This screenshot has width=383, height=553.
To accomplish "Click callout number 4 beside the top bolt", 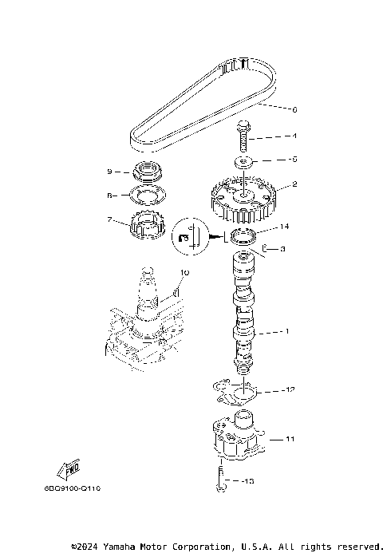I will (x=272, y=136).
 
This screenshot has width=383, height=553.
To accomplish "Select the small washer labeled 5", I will (x=245, y=162).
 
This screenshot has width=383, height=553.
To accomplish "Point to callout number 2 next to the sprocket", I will (x=272, y=184).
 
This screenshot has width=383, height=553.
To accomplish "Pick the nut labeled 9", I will (x=147, y=171).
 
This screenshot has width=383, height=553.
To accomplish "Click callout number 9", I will (x=110, y=172).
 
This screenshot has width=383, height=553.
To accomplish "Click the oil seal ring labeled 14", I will (x=243, y=235).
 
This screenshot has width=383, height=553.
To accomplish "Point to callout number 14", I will (x=283, y=227).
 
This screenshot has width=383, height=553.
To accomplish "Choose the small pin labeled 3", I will (x=266, y=249).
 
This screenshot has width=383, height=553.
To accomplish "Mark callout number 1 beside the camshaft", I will (x=277, y=331).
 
